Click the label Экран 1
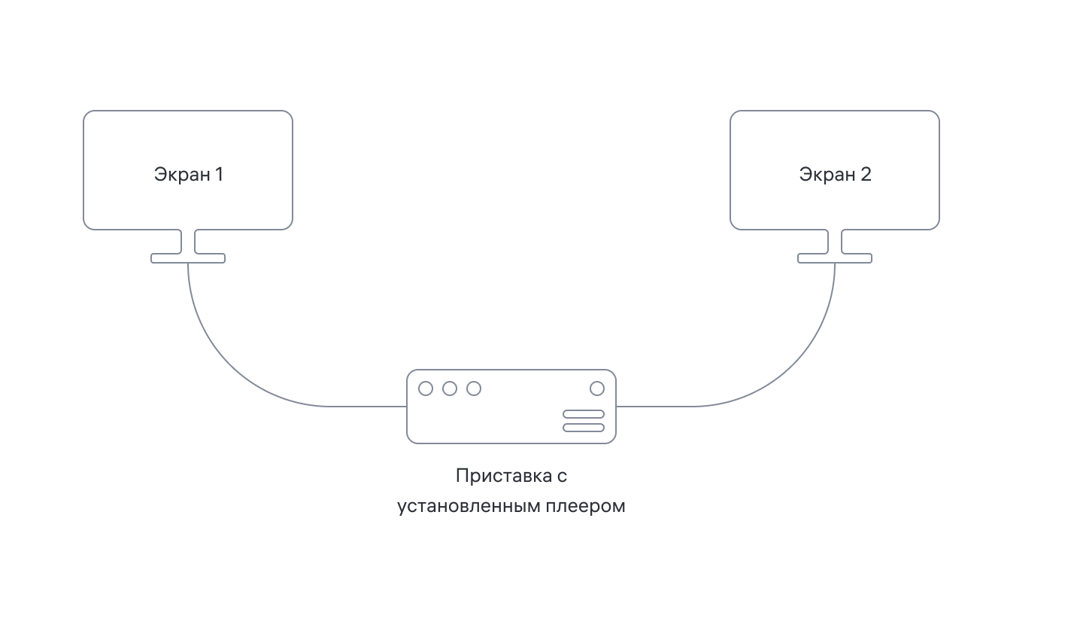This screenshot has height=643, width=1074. click(188, 175)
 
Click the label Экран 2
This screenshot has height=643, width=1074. click(835, 175)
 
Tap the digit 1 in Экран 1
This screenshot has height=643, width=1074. click(219, 175)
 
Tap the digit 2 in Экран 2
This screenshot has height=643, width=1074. click(866, 175)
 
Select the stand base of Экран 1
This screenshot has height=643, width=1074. click(188, 258)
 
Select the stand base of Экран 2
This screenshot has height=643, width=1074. click(835, 258)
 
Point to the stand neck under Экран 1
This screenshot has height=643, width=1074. click(188, 242)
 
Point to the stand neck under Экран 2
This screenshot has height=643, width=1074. click(835, 242)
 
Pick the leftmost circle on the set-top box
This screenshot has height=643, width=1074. click(426, 389)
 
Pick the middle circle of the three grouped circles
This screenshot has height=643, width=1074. click(450, 389)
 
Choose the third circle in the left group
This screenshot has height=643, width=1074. click(474, 389)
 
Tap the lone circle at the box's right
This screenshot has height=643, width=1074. click(597, 389)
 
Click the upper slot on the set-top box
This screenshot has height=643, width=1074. click(584, 414)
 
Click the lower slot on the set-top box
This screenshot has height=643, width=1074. click(584, 428)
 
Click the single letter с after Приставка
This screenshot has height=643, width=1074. click(562, 477)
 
